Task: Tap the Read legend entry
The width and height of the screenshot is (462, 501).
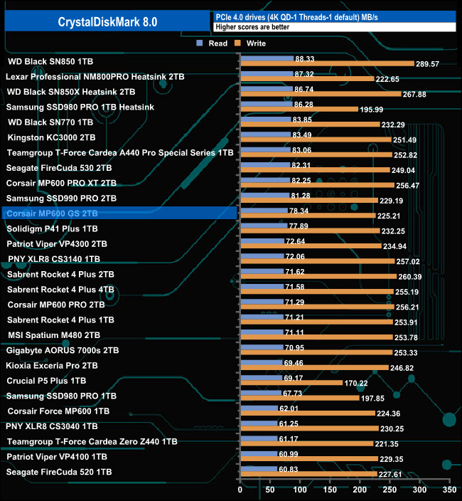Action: click(213, 43)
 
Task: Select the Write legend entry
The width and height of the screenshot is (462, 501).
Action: click(252, 43)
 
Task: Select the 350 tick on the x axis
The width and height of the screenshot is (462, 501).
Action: click(448, 490)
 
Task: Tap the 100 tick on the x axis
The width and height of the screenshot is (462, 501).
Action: click(300, 490)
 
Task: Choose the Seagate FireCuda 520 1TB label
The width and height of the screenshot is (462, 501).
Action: click(59, 472)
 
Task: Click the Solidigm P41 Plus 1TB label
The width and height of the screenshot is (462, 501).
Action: click(52, 228)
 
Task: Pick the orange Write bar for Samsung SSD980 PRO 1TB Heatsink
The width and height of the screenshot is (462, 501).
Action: click(299, 109)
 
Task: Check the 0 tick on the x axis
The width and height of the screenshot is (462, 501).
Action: click(240, 490)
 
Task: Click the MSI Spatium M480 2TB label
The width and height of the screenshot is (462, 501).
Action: click(54, 334)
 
